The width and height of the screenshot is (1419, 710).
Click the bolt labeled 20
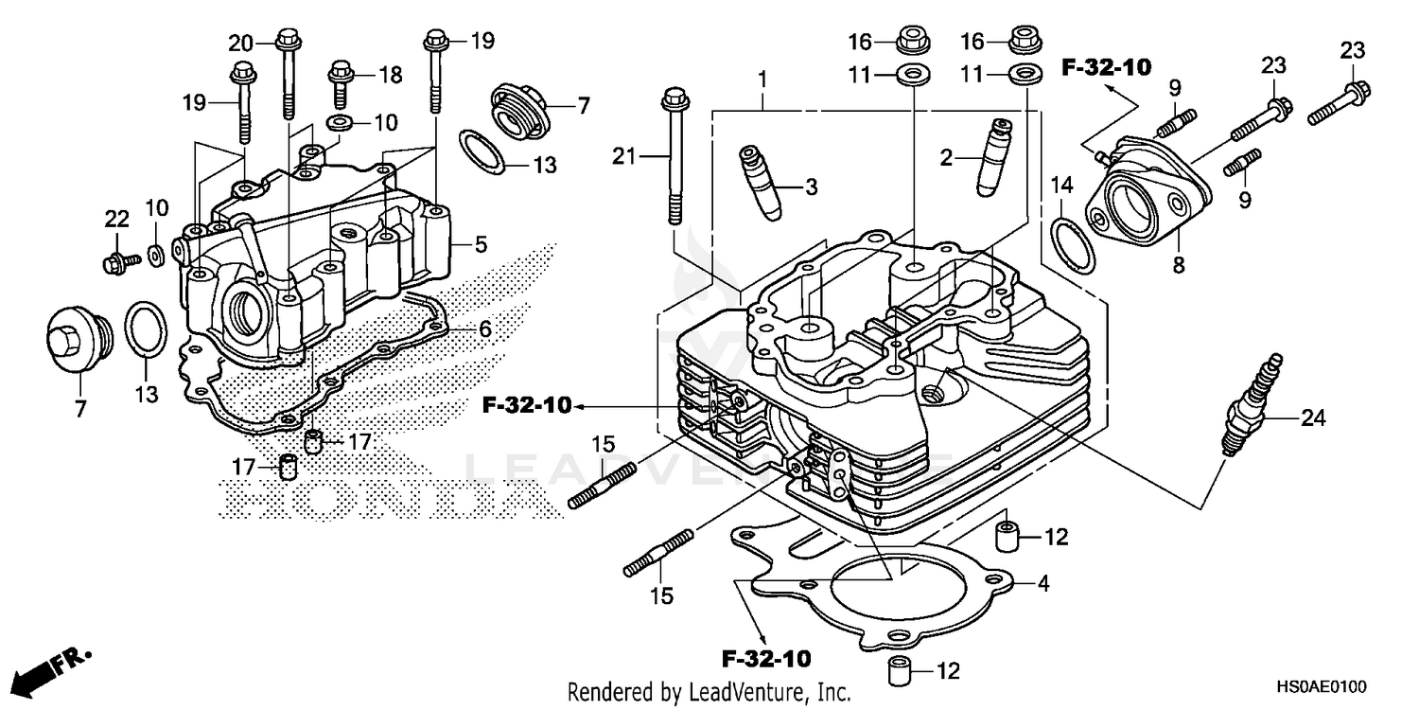point(287,76)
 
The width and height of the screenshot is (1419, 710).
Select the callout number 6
point(483,328)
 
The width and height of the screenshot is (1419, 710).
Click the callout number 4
point(1042,584)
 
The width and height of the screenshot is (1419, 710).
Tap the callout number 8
point(1178,266)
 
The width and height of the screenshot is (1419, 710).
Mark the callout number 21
point(624,155)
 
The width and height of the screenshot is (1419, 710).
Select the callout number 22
point(115,220)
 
